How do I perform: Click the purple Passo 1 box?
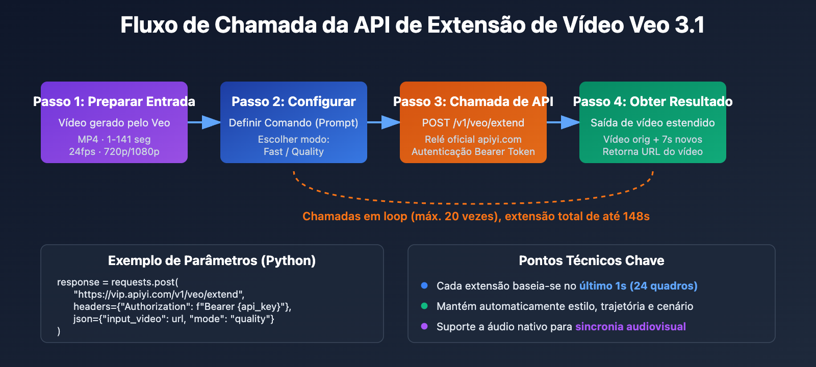click(114, 122)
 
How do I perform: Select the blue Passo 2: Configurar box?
click(294, 122)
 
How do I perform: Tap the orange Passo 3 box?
click(473, 122)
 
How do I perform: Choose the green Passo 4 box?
click(653, 122)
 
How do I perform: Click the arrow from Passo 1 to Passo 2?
click(204, 122)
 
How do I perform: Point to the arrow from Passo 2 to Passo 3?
click(384, 122)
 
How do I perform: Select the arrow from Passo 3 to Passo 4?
click(563, 122)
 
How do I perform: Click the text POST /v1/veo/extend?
click(473, 123)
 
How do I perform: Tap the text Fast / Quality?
click(294, 151)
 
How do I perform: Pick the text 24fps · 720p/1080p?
click(114, 151)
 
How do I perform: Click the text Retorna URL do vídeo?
click(653, 151)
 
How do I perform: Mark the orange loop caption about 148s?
click(476, 216)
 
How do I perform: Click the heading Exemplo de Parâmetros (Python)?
click(212, 260)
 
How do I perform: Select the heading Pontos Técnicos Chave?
click(592, 260)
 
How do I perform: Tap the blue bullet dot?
click(424, 285)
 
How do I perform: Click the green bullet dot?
click(424, 306)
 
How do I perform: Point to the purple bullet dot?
click(424, 326)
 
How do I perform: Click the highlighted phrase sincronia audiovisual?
click(630, 327)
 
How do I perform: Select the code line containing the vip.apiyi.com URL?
click(159, 294)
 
